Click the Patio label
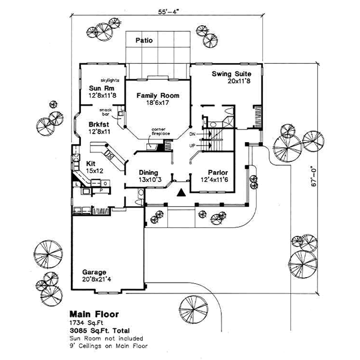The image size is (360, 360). (x=143, y=41)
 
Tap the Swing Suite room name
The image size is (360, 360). (x=230, y=74)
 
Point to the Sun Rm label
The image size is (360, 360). (x=99, y=88)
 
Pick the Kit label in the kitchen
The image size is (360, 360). (x=91, y=163)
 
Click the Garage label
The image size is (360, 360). (x=94, y=270)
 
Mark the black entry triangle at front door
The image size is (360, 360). (x=181, y=192)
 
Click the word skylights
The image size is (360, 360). (x=112, y=79)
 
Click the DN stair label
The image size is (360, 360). (x=193, y=134)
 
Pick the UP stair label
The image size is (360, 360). (x=193, y=145)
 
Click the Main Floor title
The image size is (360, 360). (x=94, y=313)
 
